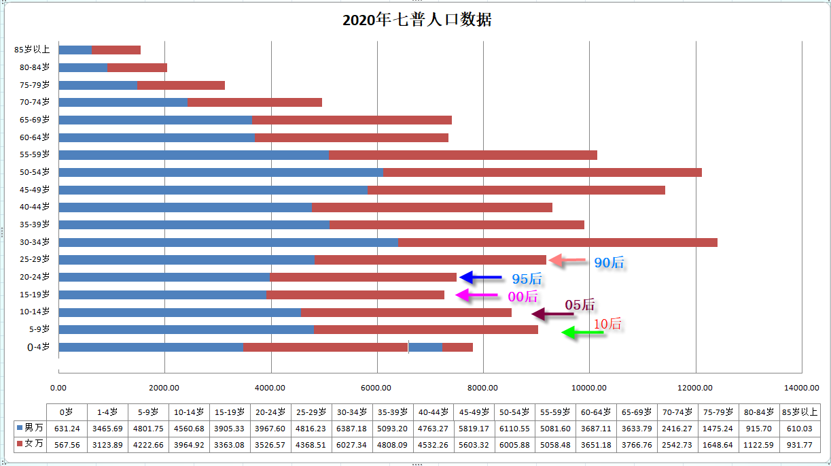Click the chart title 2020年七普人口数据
tap(417, 20)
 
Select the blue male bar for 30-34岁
tap(228, 242)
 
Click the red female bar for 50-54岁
tap(542, 172)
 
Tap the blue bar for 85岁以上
tap(75, 50)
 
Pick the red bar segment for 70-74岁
tap(254, 102)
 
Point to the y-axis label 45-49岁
tap(35, 190)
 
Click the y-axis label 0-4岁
tap(38, 347)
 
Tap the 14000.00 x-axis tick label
tap(801, 388)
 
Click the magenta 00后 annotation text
tap(523, 296)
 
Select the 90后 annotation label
tap(609, 263)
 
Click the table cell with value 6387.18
tap(352, 429)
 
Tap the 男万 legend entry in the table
tap(30, 429)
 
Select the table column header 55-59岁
tap(556, 412)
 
